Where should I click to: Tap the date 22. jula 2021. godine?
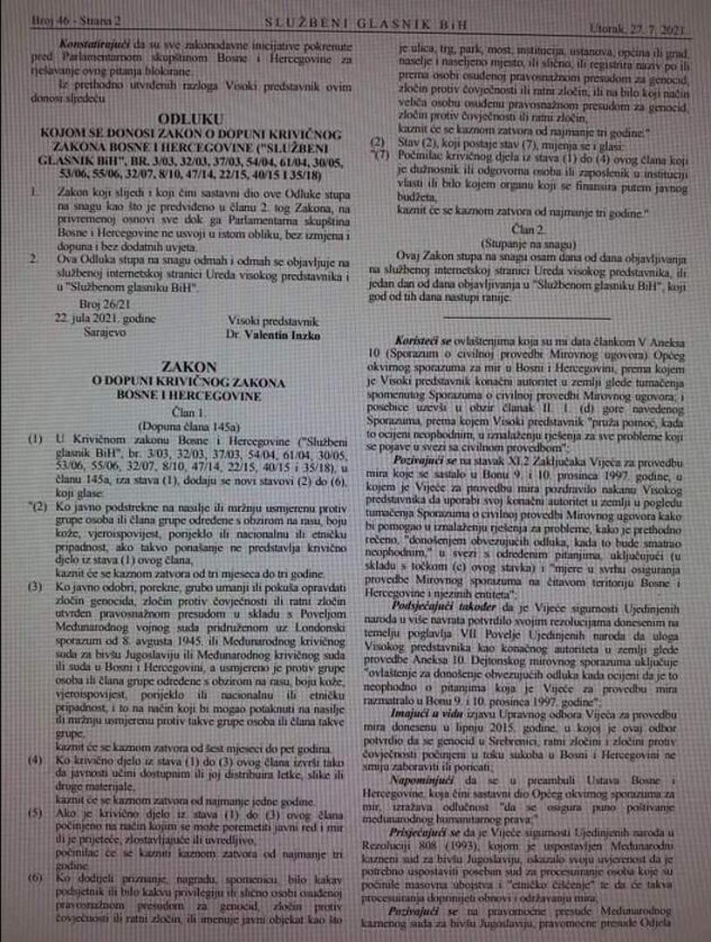[94, 319]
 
